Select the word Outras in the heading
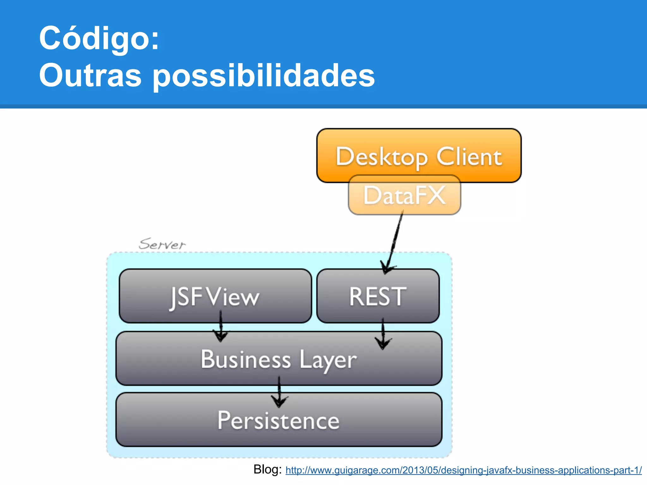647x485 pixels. tap(90, 76)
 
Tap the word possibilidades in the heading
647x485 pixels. tap(264, 76)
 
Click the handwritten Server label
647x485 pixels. tap(162, 244)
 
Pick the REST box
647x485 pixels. tap(378, 296)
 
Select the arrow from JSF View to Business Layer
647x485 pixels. tap(221, 327)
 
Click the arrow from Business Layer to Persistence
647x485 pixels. tap(279, 392)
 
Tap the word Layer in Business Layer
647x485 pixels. tap(328, 360)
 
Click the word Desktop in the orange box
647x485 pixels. tap(382, 157)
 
